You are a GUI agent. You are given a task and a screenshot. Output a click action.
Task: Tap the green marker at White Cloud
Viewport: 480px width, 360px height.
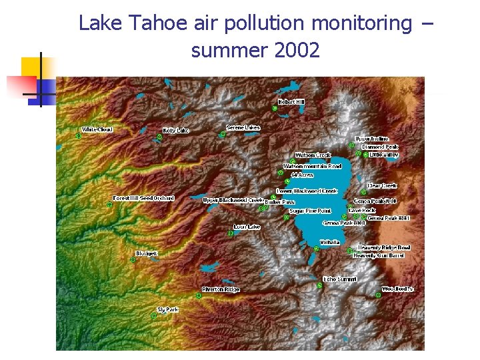[x=79, y=136]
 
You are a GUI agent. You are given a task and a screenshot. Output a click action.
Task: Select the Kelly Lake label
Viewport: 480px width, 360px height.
[x=176, y=131]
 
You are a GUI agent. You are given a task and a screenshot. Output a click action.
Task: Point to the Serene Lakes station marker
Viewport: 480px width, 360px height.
[x=223, y=134]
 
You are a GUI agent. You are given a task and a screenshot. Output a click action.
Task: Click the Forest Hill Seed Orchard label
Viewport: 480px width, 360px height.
[x=143, y=198]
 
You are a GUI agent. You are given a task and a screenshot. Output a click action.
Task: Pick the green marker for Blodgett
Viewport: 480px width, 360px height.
[x=133, y=260]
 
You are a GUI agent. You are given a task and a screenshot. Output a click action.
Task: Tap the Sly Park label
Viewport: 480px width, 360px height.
[x=167, y=309]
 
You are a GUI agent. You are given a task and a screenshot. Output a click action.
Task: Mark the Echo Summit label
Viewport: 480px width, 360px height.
[x=339, y=279]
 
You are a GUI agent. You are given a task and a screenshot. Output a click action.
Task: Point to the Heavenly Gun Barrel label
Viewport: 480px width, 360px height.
[x=378, y=255]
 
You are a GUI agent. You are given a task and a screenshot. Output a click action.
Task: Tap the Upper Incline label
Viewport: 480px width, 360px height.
[x=371, y=139]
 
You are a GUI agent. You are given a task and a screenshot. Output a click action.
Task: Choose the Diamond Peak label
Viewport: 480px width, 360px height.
[x=380, y=147]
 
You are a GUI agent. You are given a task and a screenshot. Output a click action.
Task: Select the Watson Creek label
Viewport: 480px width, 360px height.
[x=313, y=155]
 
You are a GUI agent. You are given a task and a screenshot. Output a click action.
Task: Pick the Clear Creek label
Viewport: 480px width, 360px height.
[x=383, y=186]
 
